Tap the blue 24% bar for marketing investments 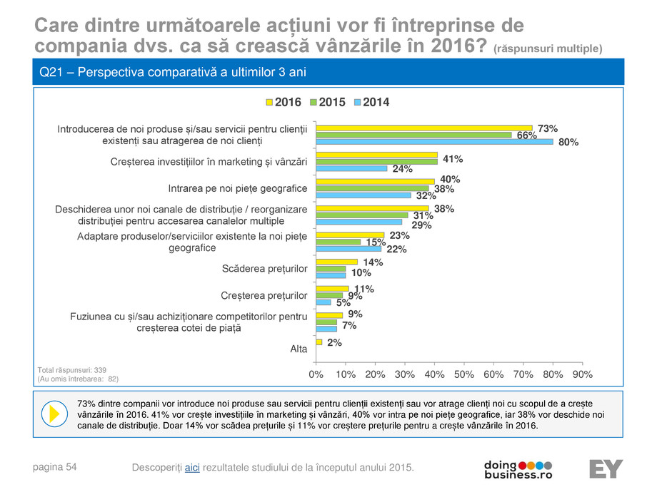(351, 169)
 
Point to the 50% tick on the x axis (464, 374)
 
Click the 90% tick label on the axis (583, 374)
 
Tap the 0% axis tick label (316, 374)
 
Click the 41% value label (453, 159)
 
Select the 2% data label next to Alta (334, 343)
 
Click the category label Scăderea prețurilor (265, 268)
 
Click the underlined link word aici (192, 467)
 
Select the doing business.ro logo (518, 468)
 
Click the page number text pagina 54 (56, 466)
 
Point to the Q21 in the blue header (51, 73)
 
